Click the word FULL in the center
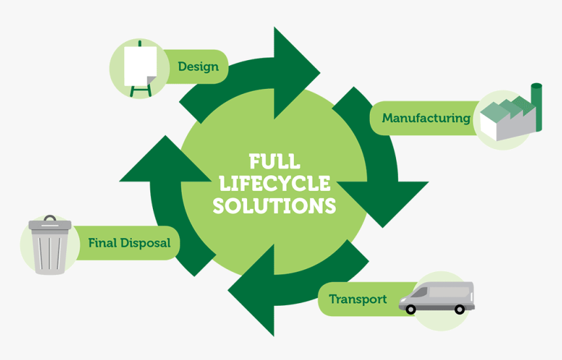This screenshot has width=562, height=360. [x=274, y=161]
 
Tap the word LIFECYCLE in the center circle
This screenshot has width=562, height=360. [x=274, y=184]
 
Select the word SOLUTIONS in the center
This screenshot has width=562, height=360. [x=274, y=206]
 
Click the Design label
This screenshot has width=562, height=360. [x=198, y=67]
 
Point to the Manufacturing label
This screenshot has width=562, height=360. [x=426, y=118]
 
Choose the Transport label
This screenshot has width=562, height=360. [x=357, y=299]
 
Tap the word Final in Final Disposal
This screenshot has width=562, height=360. [x=103, y=243]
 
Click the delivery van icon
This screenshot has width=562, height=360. [x=437, y=297]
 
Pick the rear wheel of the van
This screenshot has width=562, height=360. [x=460, y=308]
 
